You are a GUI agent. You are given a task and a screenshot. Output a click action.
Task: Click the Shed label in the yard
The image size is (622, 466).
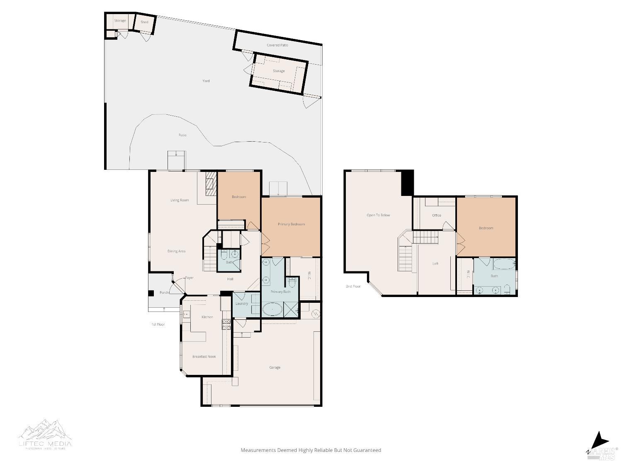tap(144, 22)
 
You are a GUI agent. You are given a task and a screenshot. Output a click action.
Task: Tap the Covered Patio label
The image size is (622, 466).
tap(277, 45)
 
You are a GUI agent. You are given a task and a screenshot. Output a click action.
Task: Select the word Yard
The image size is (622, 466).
tap(206, 81)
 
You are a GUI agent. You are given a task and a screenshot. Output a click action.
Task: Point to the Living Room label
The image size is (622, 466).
tap(180, 200)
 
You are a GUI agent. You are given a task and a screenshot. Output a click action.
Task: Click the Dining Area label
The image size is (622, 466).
tap(176, 251)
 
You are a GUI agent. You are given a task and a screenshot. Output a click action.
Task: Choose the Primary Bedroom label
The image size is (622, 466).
tap(291, 224)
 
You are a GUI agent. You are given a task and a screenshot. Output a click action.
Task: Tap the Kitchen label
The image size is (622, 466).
tap(207, 317)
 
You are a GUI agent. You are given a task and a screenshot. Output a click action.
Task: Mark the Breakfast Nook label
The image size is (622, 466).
tap(204, 356)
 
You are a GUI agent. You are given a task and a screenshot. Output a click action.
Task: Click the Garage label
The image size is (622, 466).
tap(275, 367)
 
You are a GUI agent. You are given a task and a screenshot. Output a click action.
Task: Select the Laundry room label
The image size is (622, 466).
tap(241, 304)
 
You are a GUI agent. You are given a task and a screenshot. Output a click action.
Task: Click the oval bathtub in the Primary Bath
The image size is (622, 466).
tap(272, 309)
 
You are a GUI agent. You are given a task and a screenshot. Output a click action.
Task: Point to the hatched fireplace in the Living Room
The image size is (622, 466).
tap(211, 184)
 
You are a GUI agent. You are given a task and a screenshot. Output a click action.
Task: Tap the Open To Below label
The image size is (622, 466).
tap(378, 215)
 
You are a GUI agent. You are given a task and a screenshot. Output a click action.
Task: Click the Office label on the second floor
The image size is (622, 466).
tap(436, 215)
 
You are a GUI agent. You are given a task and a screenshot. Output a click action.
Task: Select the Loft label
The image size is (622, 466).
tap(435, 263)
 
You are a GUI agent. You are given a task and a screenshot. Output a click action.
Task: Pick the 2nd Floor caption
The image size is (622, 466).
tap(353, 286)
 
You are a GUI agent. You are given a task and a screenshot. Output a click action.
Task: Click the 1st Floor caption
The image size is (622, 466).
tap(158, 324)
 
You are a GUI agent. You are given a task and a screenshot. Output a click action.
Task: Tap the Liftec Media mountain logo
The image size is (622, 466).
tap(45, 431)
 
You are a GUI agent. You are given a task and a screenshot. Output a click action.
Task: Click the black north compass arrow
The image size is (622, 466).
tap(601, 440)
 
